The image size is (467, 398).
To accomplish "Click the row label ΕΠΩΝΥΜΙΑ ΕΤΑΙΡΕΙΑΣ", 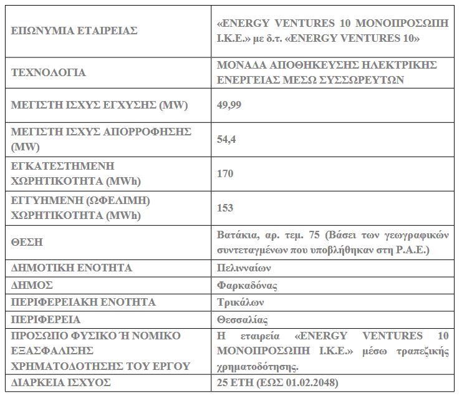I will click(74, 31).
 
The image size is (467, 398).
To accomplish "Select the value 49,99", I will click(229, 104).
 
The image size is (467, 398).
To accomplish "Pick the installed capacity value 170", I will click(224, 175).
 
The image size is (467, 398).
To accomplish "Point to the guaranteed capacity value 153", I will click(224, 208).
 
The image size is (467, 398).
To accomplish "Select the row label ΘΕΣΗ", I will click(27, 242).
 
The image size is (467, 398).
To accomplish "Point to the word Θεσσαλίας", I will click(242, 320).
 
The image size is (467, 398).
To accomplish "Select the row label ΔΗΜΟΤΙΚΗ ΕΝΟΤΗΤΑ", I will click(72, 268).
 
